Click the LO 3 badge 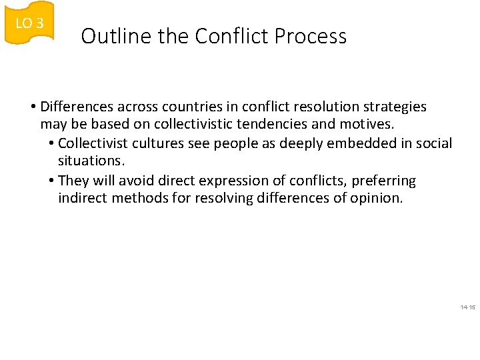click(x=29, y=23)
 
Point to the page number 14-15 click(x=467, y=307)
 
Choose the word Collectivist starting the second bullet click(x=93, y=143)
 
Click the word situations click(x=90, y=161)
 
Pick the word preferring click(x=383, y=181)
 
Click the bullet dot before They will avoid click(x=52, y=181)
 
